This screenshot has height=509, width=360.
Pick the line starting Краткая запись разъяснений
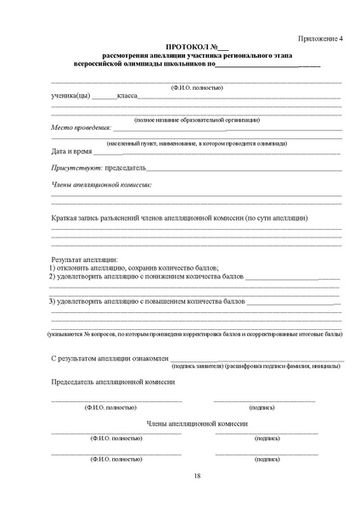coord(179,218)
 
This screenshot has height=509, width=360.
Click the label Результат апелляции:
coord(85,258)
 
